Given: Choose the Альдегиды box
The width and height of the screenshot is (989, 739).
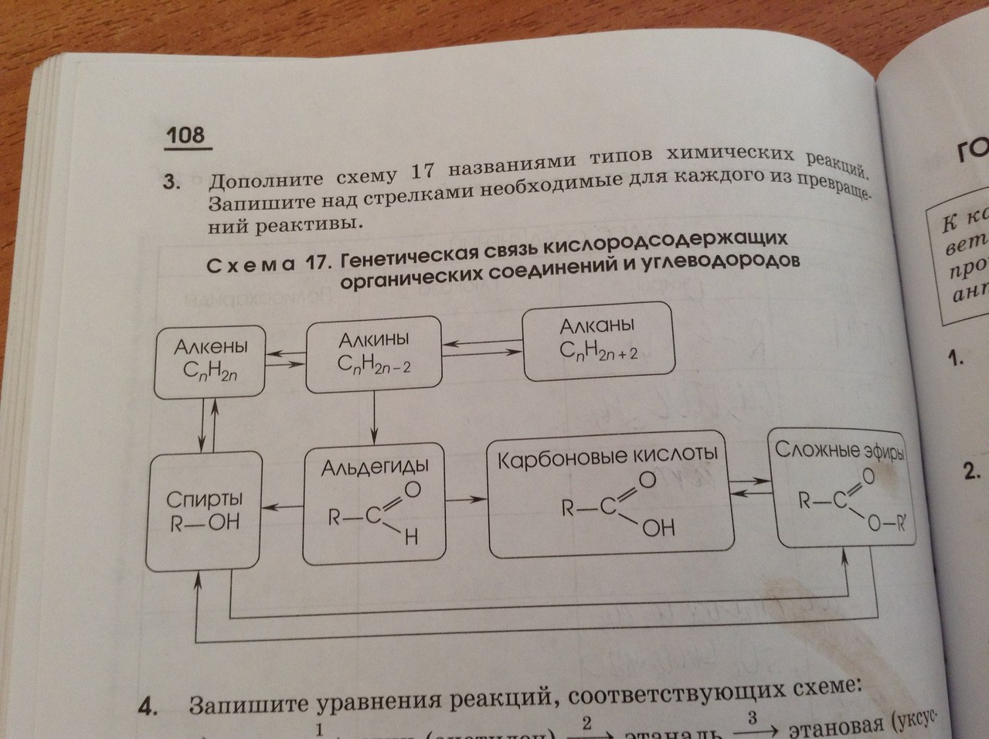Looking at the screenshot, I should pyautogui.click(x=374, y=502).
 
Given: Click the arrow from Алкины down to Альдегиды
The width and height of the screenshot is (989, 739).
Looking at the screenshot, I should pyautogui.click(x=374, y=417).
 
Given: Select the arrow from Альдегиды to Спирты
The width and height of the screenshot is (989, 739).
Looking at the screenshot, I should pyautogui.click(x=283, y=506).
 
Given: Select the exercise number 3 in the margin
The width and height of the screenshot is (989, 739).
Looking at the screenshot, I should pyautogui.click(x=168, y=184).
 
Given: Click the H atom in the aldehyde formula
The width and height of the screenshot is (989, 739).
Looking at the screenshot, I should pyautogui.click(x=410, y=539).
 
